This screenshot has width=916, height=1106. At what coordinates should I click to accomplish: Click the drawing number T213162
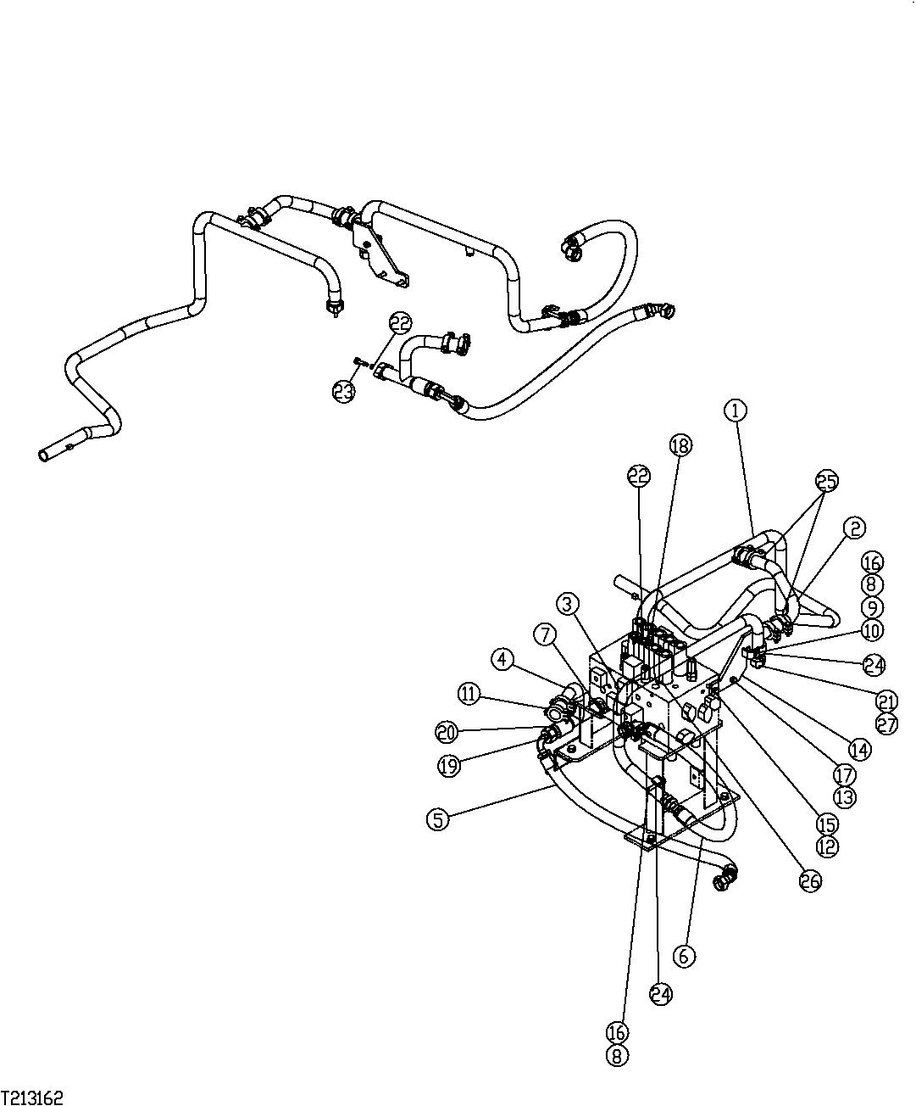click(x=32, y=1098)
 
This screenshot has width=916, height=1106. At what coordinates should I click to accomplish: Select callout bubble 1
click(x=736, y=411)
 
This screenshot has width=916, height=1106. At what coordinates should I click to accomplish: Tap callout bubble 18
click(x=680, y=444)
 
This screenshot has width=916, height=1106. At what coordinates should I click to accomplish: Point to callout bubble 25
click(x=826, y=481)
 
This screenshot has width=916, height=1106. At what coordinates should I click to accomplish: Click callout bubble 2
click(x=854, y=528)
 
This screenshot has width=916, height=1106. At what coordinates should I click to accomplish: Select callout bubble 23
click(x=343, y=390)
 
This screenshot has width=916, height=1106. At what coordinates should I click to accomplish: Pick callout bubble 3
click(x=569, y=604)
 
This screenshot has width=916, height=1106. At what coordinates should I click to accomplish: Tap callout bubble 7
click(x=544, y=633)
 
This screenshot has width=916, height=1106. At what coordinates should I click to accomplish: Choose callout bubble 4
click(x=503, y=659)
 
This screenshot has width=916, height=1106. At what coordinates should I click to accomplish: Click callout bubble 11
click(x=468, y=693)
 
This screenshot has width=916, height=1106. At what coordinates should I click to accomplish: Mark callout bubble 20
click(x=446, y=731)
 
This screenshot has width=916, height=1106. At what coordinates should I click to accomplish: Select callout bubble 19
click(x=449, y=765)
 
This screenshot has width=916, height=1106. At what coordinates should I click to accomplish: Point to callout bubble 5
click(x=437, y=818)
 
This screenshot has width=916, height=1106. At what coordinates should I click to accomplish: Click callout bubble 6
click(x=684, y=956)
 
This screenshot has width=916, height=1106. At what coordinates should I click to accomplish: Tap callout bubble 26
click(x=810, y=880)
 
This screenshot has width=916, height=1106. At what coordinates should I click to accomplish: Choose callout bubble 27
click(x=887, y=724)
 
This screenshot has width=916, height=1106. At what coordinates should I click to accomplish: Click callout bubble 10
click(x=872, y=630)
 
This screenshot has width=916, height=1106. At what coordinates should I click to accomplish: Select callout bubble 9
click(x=872, y=607)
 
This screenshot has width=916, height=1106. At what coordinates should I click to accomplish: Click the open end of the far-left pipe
click(x=44, y=455)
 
